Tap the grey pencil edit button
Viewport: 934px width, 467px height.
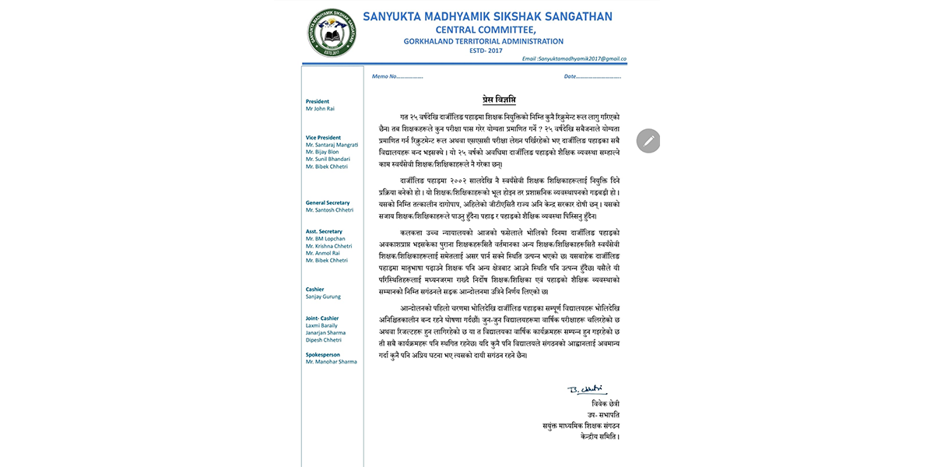point(648,141)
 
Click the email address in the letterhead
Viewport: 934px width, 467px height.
point(574,58)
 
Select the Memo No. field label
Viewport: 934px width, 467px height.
point(397,76)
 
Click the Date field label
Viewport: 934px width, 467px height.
point(592,76)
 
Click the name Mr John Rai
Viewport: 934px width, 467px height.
point(320,109)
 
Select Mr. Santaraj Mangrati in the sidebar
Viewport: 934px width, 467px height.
point(332,145)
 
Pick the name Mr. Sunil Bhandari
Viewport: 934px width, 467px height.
point(328,159)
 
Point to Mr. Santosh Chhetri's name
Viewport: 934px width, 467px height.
point(329,210)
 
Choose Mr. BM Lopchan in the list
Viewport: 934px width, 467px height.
point(325,239)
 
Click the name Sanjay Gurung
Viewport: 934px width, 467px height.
point(323,297)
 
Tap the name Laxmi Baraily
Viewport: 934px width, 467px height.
point(322,325)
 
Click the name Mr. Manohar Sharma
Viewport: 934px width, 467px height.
point(331,362)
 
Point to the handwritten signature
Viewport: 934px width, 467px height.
point(586,389)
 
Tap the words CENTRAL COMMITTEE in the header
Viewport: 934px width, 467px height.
point(486,30)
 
